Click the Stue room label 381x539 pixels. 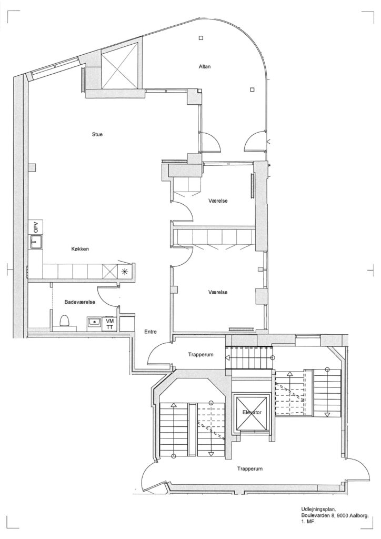click(x=97, y=134)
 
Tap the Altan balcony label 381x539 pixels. click(x=205, y=66)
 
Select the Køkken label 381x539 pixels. click(x=80, y=249)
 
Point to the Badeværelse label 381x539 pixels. click(x=79, y=302)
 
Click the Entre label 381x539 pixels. click(x=151, y=332)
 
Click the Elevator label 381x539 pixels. click(x=252, y=412)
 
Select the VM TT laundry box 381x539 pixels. click(x=109, y=324)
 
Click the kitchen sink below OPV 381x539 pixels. click(x=35, y=241)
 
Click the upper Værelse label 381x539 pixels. click(x=218, y=201)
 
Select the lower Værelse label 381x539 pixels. click(x=218, y=292)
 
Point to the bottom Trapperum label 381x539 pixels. click(x=250, y=468)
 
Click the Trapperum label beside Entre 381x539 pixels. click(x=201, y=354)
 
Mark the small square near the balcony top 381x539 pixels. click(x=201, y=38)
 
